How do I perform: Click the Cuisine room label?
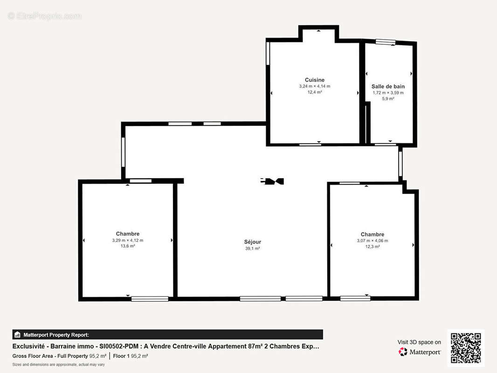(314, 80)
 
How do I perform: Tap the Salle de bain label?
(388, 86)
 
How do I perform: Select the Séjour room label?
(252, 242)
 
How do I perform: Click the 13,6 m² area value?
(127, 246)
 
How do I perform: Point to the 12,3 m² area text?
(372, 247)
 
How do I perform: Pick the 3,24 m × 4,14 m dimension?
(314, 86)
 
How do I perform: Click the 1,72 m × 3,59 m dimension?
(388, 93)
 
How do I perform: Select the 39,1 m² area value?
(252, 249)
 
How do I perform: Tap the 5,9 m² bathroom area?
(388, 99)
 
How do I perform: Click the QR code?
(466, 348)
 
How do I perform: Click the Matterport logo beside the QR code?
(420, 352)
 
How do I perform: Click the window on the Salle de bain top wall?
(386, 42)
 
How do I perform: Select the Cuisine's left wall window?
(268, 54)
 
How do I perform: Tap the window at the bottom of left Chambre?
(150, 298)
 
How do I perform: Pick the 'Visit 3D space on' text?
(419, 342)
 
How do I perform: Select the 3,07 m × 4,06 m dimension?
(372, 241)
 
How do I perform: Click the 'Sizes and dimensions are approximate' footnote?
(58, 364)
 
